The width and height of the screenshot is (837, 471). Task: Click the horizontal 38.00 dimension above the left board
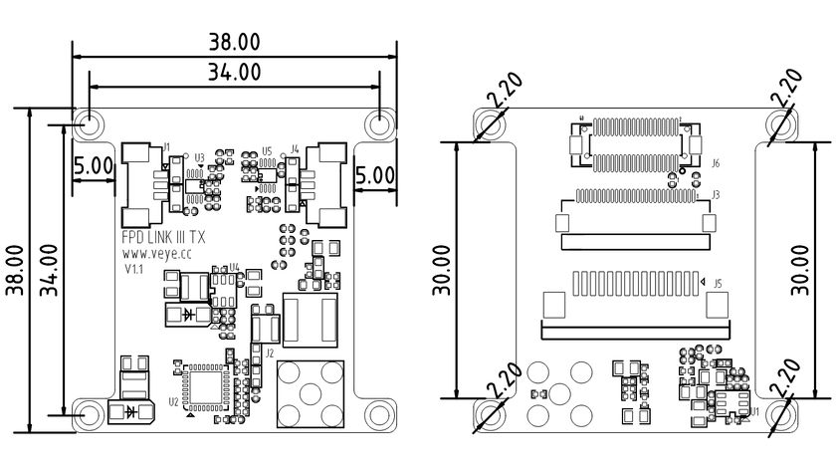pyautogui.click(x=234, y=43)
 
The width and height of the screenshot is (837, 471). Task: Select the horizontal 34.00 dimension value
pyautogui.click(x=234, y=72)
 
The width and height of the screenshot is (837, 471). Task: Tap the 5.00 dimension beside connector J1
pyautogui.click(x=94, y=166)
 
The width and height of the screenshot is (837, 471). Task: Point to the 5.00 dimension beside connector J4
pyautogui.click(x=375, y=173)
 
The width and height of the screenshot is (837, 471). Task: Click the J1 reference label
pyautogui.click(x=167, y=147)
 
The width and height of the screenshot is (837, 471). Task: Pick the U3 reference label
pyautogui.click(x=199, y=157)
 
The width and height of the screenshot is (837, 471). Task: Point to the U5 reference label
pyautogui.click(x=267, y=150)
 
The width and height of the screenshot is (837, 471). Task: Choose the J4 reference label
pyautogui.click(x=295, y=147)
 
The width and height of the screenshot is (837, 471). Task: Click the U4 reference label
pyautogui.click(x=234, y=267)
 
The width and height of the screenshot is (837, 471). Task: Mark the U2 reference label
pyautogui.click(x=173, y=401)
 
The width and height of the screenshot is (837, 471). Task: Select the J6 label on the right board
pyautogui.click(x=716, y=161)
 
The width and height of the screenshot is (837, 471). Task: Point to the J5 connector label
pyautogui.click(x=717, y=283)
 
